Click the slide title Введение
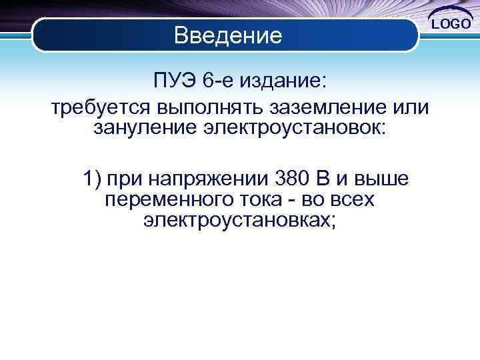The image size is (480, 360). tap(228, 35)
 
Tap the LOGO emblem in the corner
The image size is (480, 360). tap(453, 24)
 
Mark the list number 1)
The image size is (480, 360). tap(91, 179)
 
